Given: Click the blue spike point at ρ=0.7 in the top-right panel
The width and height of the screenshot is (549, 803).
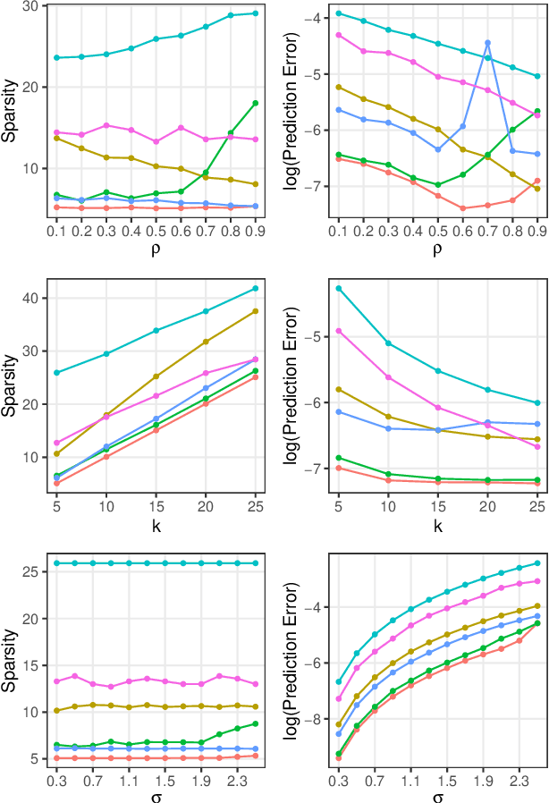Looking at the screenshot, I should [x=487, y=42].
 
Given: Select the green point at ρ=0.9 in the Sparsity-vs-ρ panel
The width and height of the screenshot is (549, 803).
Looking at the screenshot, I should [x=256, y=103].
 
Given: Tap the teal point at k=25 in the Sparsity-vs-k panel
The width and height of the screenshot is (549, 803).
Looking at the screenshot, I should [x=256, y=288].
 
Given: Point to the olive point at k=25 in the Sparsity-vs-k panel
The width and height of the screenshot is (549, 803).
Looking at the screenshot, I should [x=256, y=311].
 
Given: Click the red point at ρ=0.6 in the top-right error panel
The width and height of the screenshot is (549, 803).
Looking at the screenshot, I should [x=462, y=208].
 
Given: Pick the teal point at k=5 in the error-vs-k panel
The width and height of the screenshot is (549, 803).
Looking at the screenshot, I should [x=339, y=288].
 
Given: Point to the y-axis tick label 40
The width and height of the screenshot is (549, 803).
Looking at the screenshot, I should [x=31, y=299].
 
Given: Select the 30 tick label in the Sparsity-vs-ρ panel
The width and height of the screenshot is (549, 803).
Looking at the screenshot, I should [x=31, y=6].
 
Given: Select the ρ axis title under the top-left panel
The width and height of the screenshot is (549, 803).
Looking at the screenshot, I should [x=156, y=251].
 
